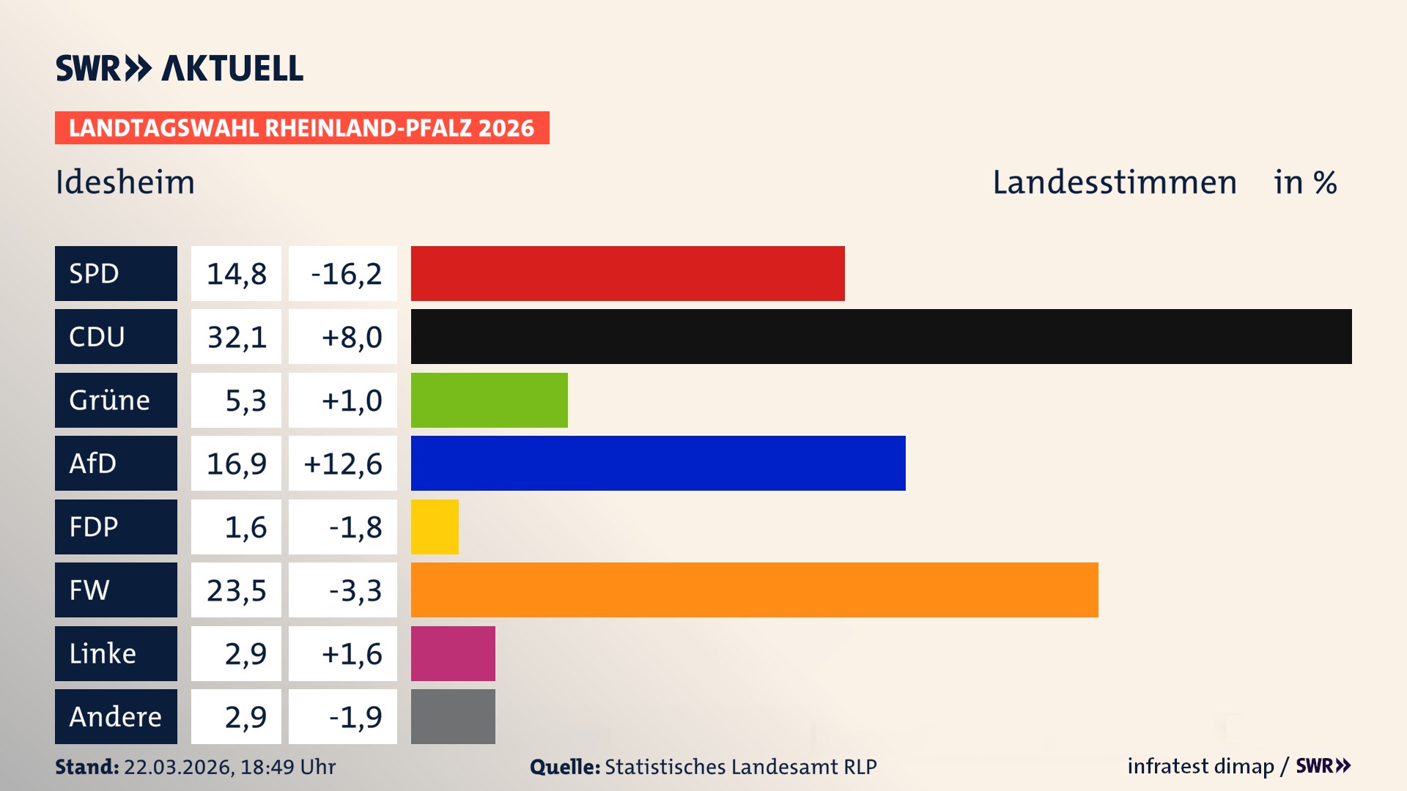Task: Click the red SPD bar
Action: pyautogui.click(x=627, y=273)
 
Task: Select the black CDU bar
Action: pyautogui.click(x=881, y=336)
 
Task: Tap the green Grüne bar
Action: pyautogui.click(x=489, y=400)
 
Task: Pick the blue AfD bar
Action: pyautogui.click(x=657, y=463)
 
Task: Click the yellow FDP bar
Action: pyautogui.click(x=435, y=527)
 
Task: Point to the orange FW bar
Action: pyautogui.click(x=754, y=590)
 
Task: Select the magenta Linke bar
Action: pyautogui.click(x=453, y=653)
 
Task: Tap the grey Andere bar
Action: pyautogui.click(x=453, y=716)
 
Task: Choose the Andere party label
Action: pyautogui.click(x=116, y=716)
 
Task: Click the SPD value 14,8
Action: pyautogui.click(x=236, y=273)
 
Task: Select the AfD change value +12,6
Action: pyautogui.click(x=342, y=463)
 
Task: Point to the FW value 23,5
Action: pyautogui.click(x=236, y=590)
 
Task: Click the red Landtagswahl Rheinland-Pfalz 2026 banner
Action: pyautogui.click(x=301, y=127)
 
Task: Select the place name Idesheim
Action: pyautogui.click(x=125, y=182)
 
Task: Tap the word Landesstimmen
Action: pyautogui.click(x=1114, y=182)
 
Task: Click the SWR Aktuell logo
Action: pyautogui.click(x=179, y=68)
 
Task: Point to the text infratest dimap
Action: pyautogui.click(x=1200, y=766)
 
